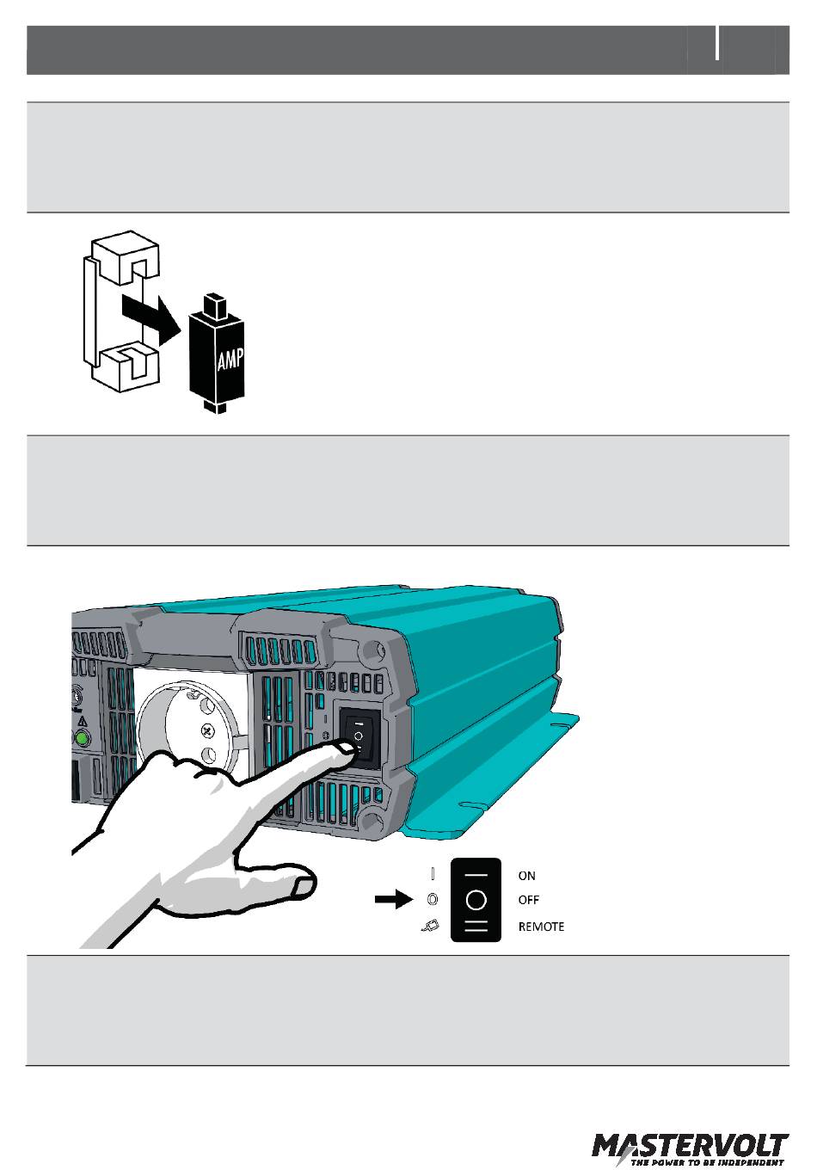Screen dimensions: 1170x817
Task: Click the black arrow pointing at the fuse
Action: point(150,315)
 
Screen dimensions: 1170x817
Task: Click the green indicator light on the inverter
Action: point(83,738)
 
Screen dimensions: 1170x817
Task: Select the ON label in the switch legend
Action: point(526,876)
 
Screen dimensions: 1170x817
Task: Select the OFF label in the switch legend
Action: point(528,900)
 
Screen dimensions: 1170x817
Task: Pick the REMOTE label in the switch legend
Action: point(541,927)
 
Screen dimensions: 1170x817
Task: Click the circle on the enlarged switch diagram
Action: point(476,900)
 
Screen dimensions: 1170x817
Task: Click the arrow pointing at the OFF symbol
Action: point(395,900)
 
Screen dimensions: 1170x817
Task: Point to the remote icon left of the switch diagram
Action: point(432,927)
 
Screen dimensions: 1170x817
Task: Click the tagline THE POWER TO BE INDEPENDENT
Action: point(708,1162)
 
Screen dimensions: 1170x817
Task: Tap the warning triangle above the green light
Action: point(83,721)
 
